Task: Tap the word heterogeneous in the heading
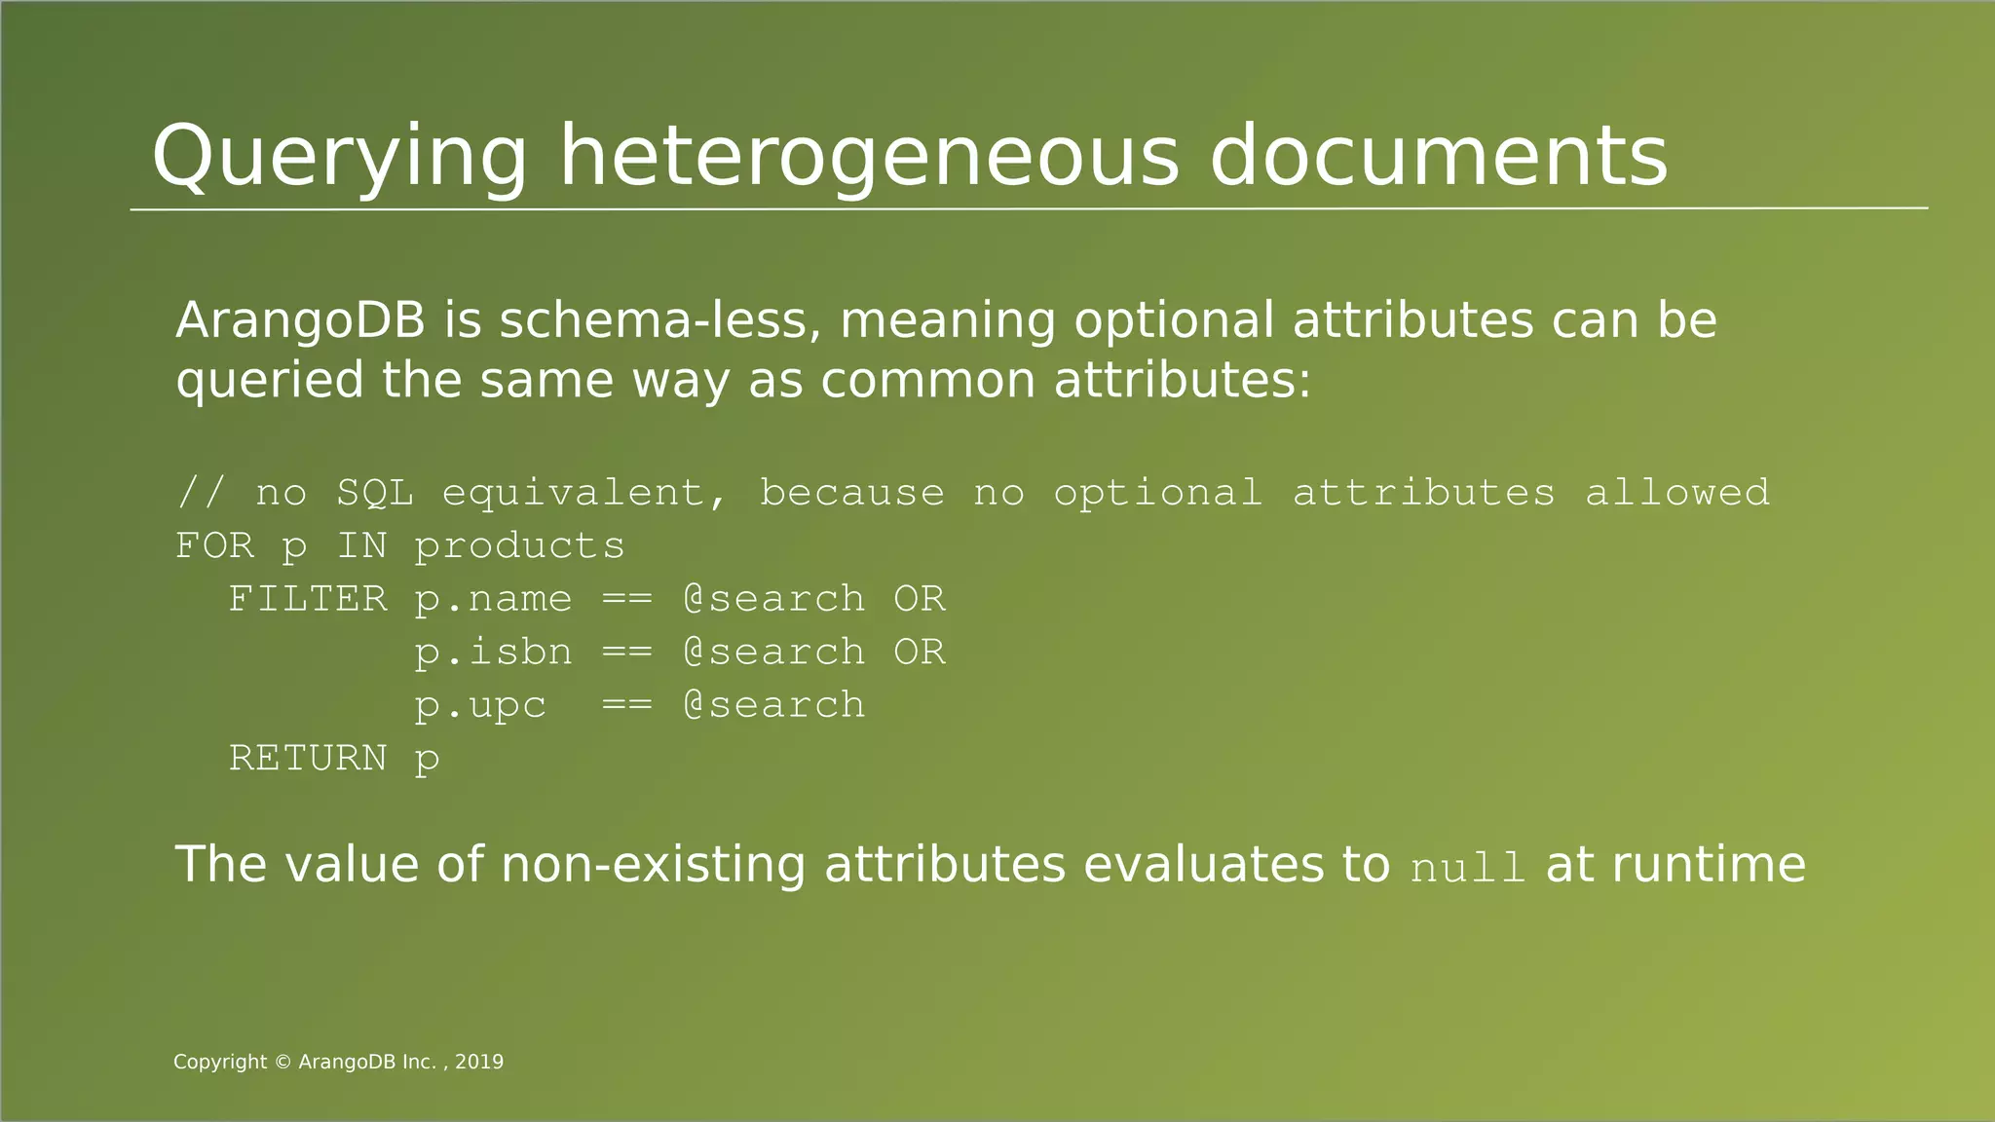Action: click(869, 159)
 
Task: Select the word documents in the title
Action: click(1438, 157)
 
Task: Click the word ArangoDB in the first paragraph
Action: click(300, 320)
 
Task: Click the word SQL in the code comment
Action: click(375, 493)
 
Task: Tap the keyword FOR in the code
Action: click(214, 545)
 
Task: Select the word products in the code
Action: click(519, 546)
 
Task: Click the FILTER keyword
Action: click(308, 599)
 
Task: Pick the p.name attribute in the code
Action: click(493, 599)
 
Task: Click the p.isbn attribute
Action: click(493, 652)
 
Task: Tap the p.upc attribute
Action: click(480, 705)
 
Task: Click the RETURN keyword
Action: click(308, 758)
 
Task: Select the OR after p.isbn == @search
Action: click(919, 652)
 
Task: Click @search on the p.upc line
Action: click(773, 705)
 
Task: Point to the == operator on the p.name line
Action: click(626, 599)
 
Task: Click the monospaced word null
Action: click(1467, 867)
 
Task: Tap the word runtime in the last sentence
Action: click(1709, 865)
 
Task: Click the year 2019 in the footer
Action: click(479, 1062)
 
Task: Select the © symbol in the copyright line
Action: click(282, 1062)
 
